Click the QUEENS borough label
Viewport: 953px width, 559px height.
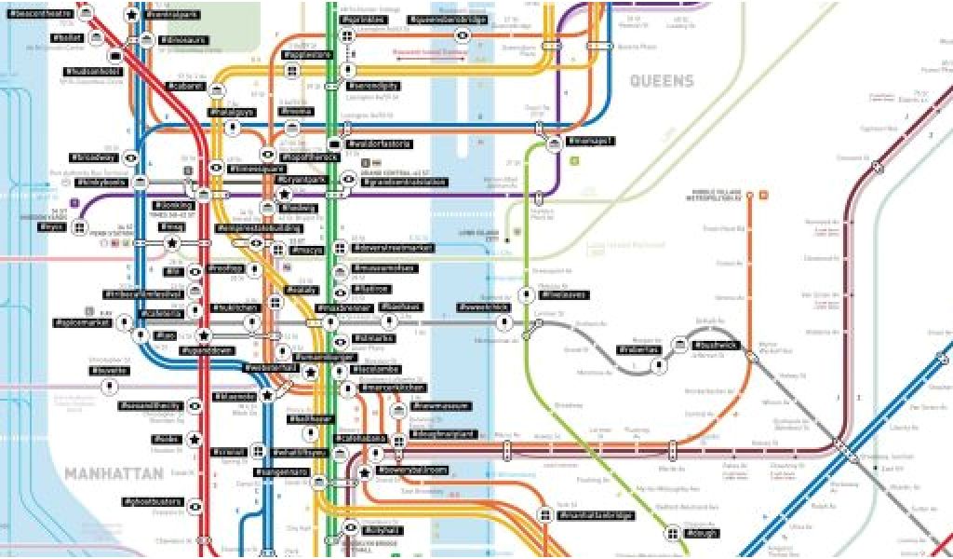pos(662,81)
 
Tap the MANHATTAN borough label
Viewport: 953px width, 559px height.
pos(108,474)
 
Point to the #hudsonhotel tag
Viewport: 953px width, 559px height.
pos(92,71)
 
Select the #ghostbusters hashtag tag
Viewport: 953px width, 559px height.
pos(154,502)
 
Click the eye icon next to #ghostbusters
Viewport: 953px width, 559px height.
pos(195,506)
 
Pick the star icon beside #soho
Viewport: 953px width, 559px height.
pos(195,439)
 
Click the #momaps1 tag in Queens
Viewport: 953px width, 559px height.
pos(594,141)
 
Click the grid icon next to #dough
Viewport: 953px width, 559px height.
pos(672,534)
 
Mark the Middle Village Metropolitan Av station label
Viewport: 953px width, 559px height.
pos(716,197)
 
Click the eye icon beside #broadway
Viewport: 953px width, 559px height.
pos(131,158)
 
